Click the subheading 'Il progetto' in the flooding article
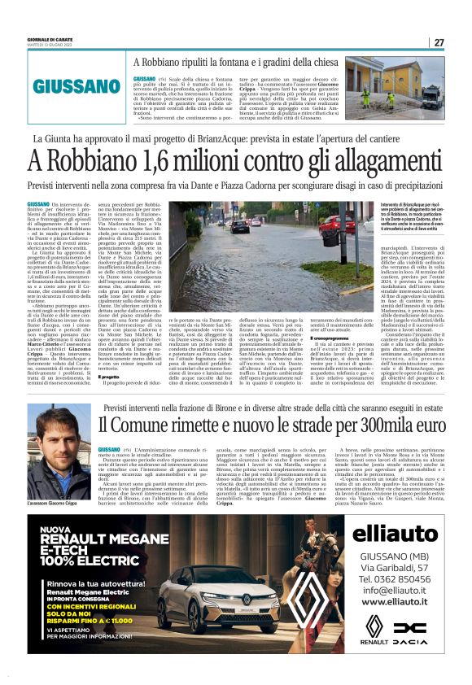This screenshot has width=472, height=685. [109, 377]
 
